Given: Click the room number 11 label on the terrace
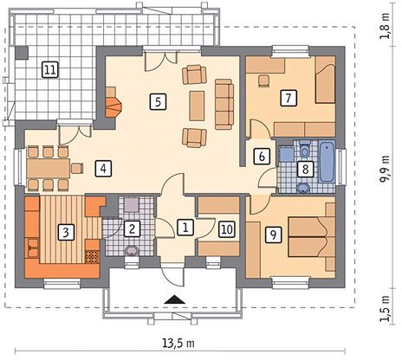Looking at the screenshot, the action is click(50, 69).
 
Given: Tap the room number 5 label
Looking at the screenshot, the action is click(158, 101).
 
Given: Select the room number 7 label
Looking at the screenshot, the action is click(289, 98).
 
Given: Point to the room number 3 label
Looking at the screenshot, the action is click(66, 232).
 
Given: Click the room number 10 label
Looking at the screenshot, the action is click(227, 229).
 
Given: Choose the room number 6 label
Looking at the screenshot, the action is click(262, 157).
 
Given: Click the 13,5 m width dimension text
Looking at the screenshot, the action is click(178, 343).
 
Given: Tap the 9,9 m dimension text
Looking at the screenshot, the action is click(385, 170).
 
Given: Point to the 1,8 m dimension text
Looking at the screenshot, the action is click(385, 27).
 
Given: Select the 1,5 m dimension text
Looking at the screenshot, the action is click(385, 309).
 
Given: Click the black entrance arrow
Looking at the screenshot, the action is click(175, 299).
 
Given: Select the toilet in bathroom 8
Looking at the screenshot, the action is click(305, 148).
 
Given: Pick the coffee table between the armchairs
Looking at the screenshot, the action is click(197, 106).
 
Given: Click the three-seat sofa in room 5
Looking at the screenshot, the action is click(224, 104).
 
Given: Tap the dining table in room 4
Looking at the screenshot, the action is click(49, 168).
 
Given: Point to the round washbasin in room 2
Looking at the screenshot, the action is click(132, 250).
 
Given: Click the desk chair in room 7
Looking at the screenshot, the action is click(263, 80).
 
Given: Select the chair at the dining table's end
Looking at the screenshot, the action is click(77, 168).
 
